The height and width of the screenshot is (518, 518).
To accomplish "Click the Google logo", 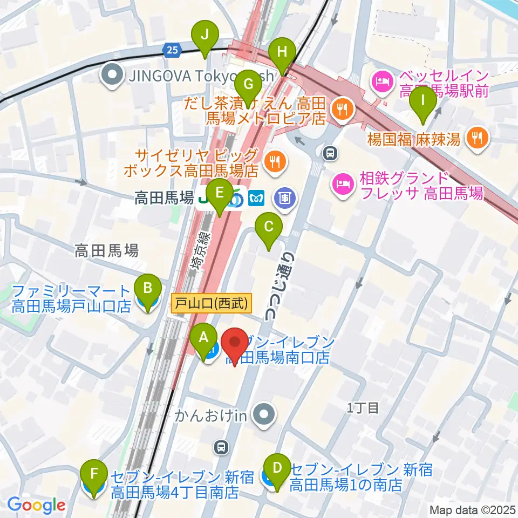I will pyautogui.click(x=36, y=505).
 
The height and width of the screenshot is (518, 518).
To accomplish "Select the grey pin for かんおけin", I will pyautogui.click(x=264, y=415).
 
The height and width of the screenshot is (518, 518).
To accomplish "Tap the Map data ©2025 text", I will pyautogui.click(x=473, y=509).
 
